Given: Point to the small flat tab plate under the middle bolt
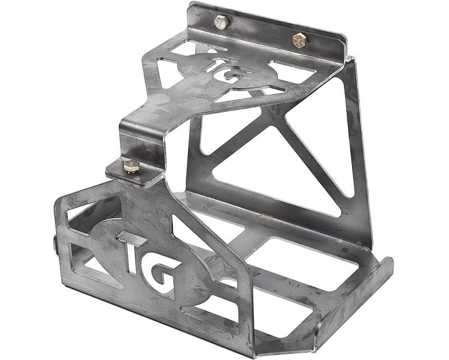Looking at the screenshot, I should click(138, 174).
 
